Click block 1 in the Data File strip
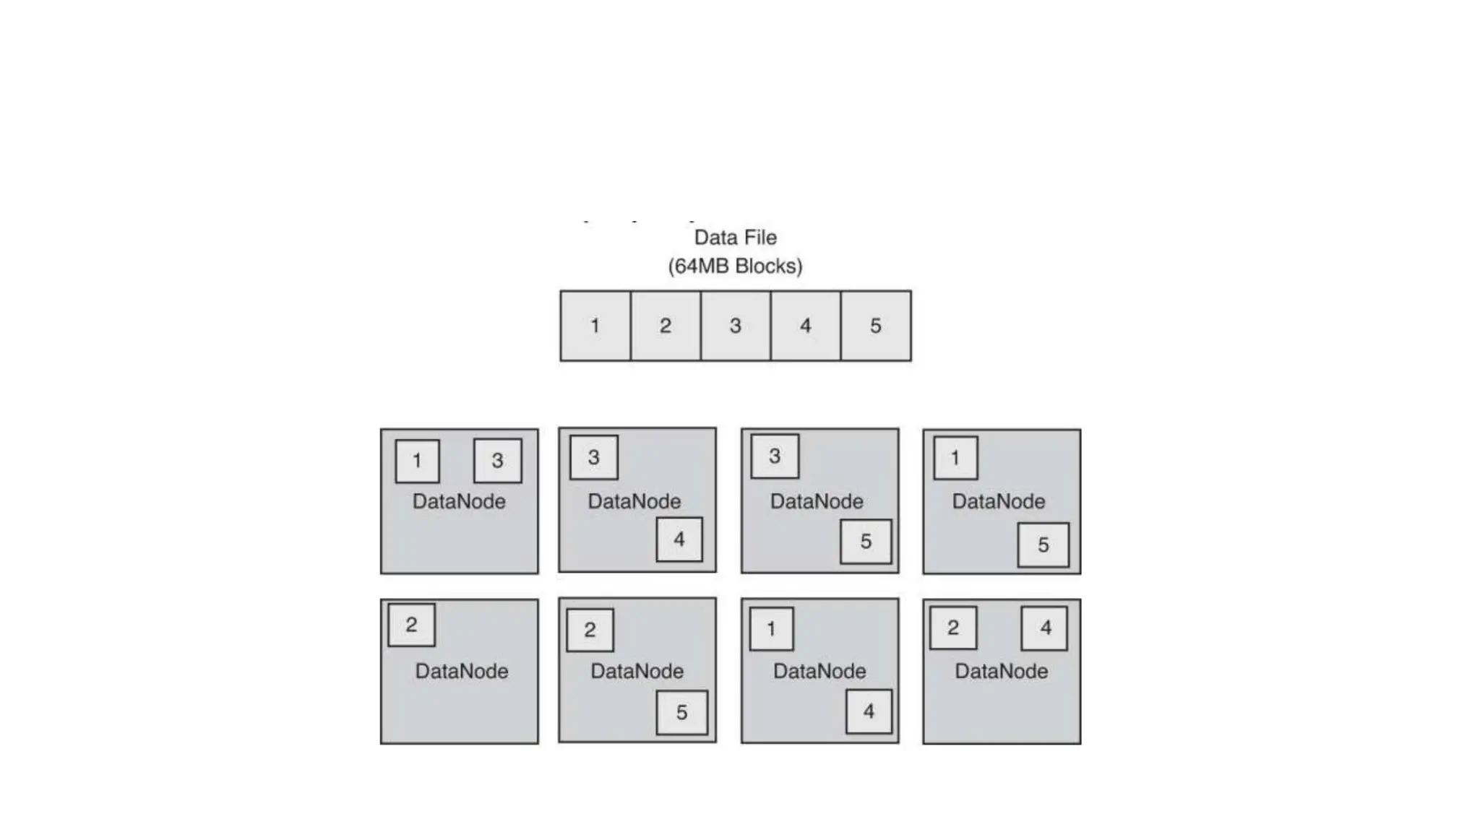tap(595, 326)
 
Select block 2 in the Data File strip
tap(666, 326)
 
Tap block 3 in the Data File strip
tap(736, 326)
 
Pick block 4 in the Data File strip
tap(806, 326)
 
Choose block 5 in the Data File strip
tap(876, 326)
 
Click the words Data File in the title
tap(735, 238)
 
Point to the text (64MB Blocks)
tap(735, 266)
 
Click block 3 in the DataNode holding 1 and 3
tap(497, 461)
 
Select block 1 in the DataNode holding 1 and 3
tap(417, 461)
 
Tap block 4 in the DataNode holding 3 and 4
tap(679, 539)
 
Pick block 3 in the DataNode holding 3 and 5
tap(775, 456)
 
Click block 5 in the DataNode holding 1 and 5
tap(1043, 545)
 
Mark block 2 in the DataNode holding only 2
tap(411, 625)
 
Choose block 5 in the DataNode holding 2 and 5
tap(681, 713)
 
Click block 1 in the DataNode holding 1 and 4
tap(771, 629)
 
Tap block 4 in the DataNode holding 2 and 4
tap(1044, 628)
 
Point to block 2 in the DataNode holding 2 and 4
tap(953, 628)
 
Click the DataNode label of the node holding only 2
tap(461, 672)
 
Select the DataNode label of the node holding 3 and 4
tap(634, 502)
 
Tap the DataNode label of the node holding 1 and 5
tap(998, 502)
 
